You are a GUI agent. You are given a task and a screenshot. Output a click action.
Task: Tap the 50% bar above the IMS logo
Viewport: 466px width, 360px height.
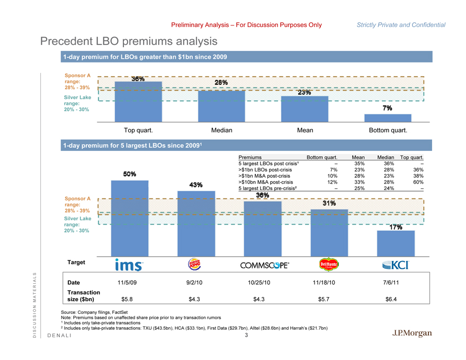pos(130,217)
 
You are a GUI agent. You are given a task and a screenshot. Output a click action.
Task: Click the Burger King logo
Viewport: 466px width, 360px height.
pos(195,264)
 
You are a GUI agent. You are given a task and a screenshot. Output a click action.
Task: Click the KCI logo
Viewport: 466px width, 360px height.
pos(396,264)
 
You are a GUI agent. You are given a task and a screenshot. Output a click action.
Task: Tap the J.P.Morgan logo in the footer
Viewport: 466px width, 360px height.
pos(412,333)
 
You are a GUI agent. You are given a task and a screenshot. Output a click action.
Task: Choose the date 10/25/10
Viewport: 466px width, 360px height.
pos(259,282)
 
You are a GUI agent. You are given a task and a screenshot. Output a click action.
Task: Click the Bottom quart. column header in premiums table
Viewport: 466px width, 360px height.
pos(322,158)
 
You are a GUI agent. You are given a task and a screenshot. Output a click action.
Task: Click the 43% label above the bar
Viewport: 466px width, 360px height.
pos(196,185)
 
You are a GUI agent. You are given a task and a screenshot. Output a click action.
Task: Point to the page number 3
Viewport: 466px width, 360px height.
pos(246,334)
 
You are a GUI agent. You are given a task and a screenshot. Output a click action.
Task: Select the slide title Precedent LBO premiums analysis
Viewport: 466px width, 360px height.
pos(129,41)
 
